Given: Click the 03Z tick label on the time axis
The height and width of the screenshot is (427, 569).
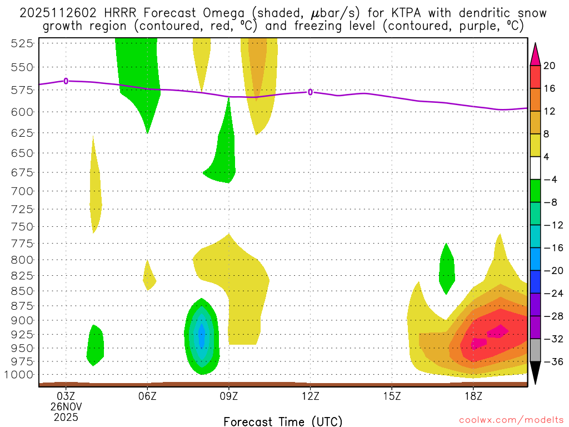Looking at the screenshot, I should tap(66, 396).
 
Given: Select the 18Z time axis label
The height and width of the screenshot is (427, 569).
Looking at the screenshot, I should tap(473, 396).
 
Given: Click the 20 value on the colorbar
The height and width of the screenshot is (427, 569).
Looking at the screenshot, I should tap(550, 66).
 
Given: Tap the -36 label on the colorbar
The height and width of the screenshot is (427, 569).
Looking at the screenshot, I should tap(551, 362).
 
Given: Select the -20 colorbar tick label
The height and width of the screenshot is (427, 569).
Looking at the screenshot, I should tap(551, 271).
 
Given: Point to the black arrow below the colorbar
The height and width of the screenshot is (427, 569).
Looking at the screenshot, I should tap(536, 373).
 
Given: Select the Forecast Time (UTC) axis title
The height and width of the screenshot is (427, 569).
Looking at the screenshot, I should tap(283, 421).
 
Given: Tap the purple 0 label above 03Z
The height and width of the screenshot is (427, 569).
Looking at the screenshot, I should tap(66, 81).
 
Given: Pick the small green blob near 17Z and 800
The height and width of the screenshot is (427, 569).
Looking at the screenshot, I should tap(447, 268).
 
